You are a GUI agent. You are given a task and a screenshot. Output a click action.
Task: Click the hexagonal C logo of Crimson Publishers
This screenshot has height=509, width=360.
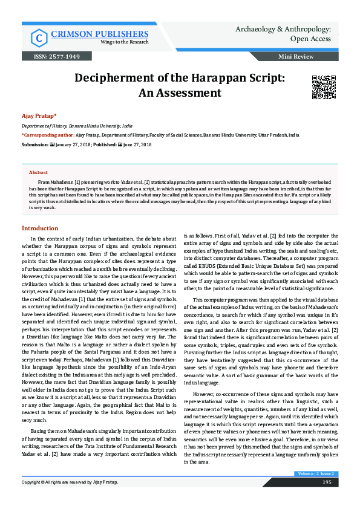pos(38,38)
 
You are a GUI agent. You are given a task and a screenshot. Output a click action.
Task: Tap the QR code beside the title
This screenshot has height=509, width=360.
pos(323,87)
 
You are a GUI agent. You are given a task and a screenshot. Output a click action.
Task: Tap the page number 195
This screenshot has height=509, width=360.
pos(326,499)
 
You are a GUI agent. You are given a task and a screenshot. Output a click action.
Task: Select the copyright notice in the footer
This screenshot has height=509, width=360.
pos(70,499)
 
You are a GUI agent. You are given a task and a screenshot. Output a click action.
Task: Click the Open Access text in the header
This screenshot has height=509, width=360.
pos(311,39)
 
